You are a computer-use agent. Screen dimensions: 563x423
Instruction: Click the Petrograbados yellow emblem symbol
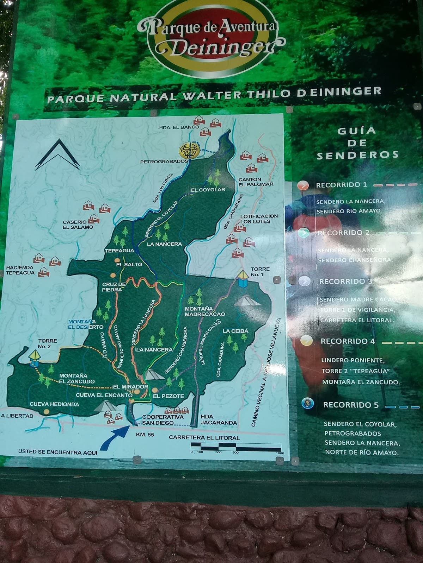190,150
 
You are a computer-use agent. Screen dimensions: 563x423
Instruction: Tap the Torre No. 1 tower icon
243,278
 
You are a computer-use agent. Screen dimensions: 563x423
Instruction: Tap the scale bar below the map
236,447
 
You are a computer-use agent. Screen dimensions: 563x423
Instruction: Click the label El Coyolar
208,190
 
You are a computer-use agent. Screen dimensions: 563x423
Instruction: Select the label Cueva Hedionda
54,404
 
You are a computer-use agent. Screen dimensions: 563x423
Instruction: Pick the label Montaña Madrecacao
205,311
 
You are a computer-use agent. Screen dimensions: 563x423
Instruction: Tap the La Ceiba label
235,331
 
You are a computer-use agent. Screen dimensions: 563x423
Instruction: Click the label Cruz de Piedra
114,287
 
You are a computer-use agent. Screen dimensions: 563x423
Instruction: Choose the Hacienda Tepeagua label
20,270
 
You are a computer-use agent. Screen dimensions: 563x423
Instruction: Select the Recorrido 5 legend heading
350,405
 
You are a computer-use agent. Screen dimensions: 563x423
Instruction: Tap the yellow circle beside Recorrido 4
306,340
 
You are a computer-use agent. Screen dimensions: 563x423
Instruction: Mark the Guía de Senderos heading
357,143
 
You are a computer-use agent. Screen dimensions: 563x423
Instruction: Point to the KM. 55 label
145,435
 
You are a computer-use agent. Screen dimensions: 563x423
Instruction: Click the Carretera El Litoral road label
204,438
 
